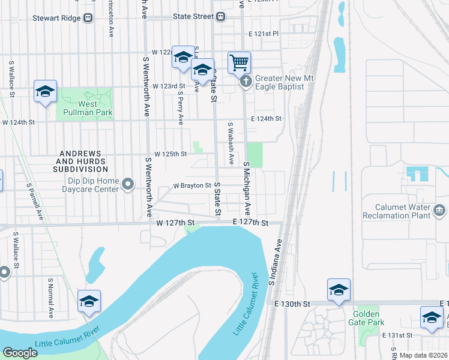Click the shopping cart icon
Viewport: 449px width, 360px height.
239,62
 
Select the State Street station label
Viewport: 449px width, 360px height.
193,17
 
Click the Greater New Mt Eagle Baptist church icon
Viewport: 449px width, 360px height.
246,83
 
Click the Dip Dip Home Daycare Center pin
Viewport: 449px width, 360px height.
128,184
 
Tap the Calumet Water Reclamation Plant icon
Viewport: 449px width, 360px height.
440,211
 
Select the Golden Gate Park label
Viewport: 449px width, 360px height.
367,319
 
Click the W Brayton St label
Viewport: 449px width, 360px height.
192,186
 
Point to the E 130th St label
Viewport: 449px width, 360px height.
291,304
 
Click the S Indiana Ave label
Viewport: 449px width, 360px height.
275,262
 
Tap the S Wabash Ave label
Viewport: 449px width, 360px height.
231,144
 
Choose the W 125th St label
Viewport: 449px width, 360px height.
170,154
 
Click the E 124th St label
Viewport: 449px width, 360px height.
267,119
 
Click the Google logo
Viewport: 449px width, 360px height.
20,353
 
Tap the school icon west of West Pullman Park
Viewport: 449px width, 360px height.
45,91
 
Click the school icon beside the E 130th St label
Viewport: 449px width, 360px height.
339,290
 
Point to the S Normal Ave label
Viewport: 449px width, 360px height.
50,297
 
